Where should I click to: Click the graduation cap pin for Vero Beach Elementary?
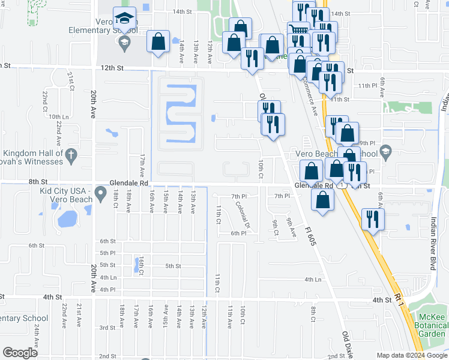tap(125, 19)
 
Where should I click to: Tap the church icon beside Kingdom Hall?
tap(71, 155)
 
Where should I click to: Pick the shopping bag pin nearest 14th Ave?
tap(158, 42)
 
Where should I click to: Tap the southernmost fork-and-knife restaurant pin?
tap(372, 220)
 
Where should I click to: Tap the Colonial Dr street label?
tap(243, 214)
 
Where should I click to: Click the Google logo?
tap(20, 353)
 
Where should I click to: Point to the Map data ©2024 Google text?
tap(411, 355)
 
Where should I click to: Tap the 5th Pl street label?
tap(108, 253)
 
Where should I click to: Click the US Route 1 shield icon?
tap(342, 187)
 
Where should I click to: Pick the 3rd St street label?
tap(107, 328)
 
